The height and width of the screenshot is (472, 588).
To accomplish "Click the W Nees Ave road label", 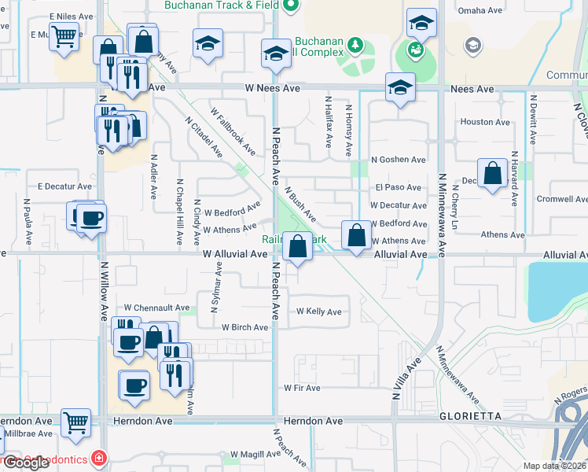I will point(272,89).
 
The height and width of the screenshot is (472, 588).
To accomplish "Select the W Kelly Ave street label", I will point(319,312).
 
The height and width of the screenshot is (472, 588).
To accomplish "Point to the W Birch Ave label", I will point(245,327).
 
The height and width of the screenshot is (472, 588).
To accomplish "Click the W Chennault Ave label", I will point(157,308).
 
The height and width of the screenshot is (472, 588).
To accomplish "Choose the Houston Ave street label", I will point(485,122).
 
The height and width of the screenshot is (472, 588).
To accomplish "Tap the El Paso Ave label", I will point(398,188).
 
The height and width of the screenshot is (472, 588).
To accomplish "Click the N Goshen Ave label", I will point(398,160).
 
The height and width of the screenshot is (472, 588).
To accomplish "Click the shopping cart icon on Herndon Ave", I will point(75,423).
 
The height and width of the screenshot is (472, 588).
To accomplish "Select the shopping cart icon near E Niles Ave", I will point(64,35).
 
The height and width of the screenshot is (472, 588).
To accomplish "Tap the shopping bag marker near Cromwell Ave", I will point(492,173).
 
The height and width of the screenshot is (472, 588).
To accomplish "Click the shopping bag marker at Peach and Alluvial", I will point(298,247).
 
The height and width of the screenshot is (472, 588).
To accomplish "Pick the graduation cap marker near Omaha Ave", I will point(422,25).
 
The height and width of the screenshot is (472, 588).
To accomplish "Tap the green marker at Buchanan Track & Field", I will point(290,6).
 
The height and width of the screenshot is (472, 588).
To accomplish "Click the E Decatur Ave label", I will point(64,186).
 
